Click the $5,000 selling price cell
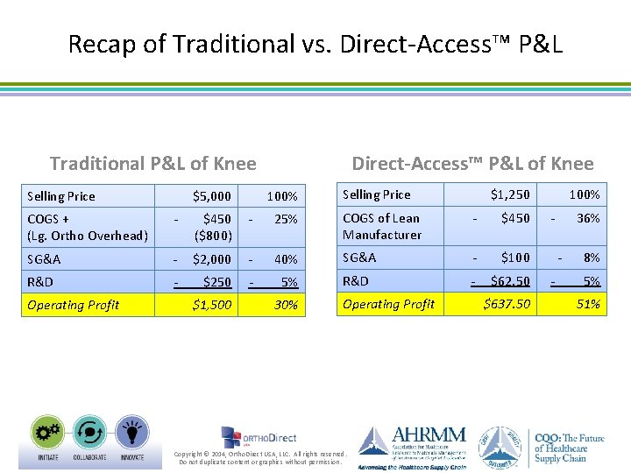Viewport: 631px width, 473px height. point(212,196)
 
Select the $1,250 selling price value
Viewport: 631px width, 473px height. point(510,194)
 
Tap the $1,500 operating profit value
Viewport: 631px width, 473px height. point(212,305)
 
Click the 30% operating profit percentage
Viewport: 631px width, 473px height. point(286,305)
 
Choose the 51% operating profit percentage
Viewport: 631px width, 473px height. point(588,304)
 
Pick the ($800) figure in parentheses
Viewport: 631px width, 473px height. point(213,235)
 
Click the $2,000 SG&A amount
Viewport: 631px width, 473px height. point(212,259)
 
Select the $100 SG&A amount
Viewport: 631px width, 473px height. point(515,258)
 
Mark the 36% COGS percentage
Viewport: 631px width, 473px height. point(588,218)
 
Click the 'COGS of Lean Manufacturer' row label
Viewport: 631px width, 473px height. point(382,226)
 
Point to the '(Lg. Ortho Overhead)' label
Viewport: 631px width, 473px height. point(88,235)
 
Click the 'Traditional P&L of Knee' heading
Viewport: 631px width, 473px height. point(153,163)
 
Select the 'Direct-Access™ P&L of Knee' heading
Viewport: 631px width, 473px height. point(472,163)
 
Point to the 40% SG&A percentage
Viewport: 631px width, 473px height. point(286,259)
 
